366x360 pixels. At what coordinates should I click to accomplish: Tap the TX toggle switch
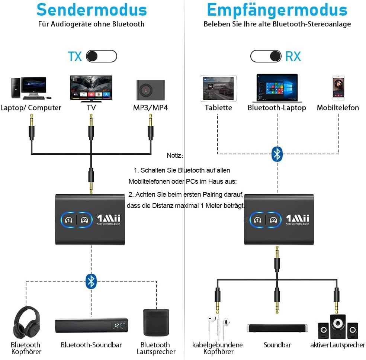point(101,56)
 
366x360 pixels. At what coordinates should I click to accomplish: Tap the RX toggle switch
point(266,56)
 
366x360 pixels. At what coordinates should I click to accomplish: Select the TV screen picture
point(91,88)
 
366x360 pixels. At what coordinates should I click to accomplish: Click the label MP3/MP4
point(150,108)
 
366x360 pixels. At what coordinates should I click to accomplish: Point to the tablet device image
point(218,88)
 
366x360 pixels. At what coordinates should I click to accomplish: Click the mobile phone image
point(338,88)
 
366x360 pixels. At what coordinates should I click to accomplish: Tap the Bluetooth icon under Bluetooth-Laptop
point(277,154)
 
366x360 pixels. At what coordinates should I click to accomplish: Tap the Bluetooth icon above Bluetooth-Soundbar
point(91,281)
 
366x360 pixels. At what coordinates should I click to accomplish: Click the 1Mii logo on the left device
point(109,219)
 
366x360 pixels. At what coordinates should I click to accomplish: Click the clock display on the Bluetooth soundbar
point(119,326)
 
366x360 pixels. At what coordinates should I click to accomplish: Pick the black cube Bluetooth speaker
point(156,322)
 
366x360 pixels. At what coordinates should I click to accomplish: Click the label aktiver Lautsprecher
point(337,345)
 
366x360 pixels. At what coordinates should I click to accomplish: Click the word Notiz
point(174,155)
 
